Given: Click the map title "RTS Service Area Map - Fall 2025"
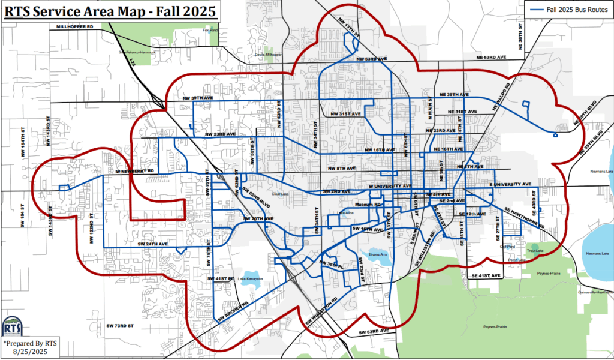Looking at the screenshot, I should pyautogui.click(x=109, y=11).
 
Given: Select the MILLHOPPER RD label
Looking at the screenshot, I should pyautogui.click(x=75, y=28).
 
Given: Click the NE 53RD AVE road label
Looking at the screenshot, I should pyautogui.click(x=488, y=57).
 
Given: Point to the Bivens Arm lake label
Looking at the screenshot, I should pyautogui.click(x=379, y=254).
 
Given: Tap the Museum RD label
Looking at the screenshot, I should pyautogui.click(x=368, y=205).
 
